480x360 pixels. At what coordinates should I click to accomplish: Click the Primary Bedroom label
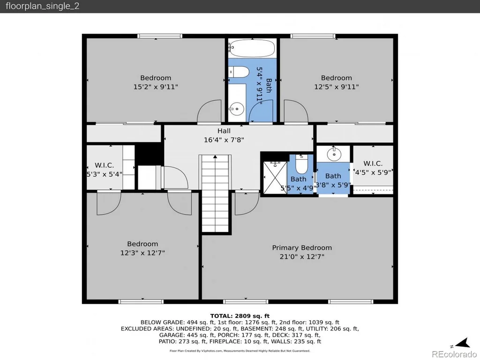(302, 247)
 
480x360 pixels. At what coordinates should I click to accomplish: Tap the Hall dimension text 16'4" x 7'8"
(224, 140)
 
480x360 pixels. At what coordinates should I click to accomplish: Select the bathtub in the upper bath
(252, 48)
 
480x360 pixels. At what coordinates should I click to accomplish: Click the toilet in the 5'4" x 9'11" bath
(239, 72)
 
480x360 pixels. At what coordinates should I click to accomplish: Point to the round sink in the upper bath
(237, 108)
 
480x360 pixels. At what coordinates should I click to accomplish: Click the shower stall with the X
(275, 178)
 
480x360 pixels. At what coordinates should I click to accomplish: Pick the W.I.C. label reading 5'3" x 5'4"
(105, 170)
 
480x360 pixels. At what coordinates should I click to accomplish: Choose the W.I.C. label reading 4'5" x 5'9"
(373, 168)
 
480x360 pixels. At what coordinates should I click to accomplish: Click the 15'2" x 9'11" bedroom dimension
(156, 87)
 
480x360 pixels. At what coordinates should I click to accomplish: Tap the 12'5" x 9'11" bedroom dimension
(337, 87)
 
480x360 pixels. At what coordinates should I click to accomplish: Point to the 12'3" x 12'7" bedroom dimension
(142, 253)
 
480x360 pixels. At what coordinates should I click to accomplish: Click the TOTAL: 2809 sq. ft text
(240, 316)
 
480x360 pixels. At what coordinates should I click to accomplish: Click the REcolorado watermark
(454, 354)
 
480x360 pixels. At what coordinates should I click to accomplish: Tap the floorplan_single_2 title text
(43, 6)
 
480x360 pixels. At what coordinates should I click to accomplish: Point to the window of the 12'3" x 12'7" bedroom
(141, 302)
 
